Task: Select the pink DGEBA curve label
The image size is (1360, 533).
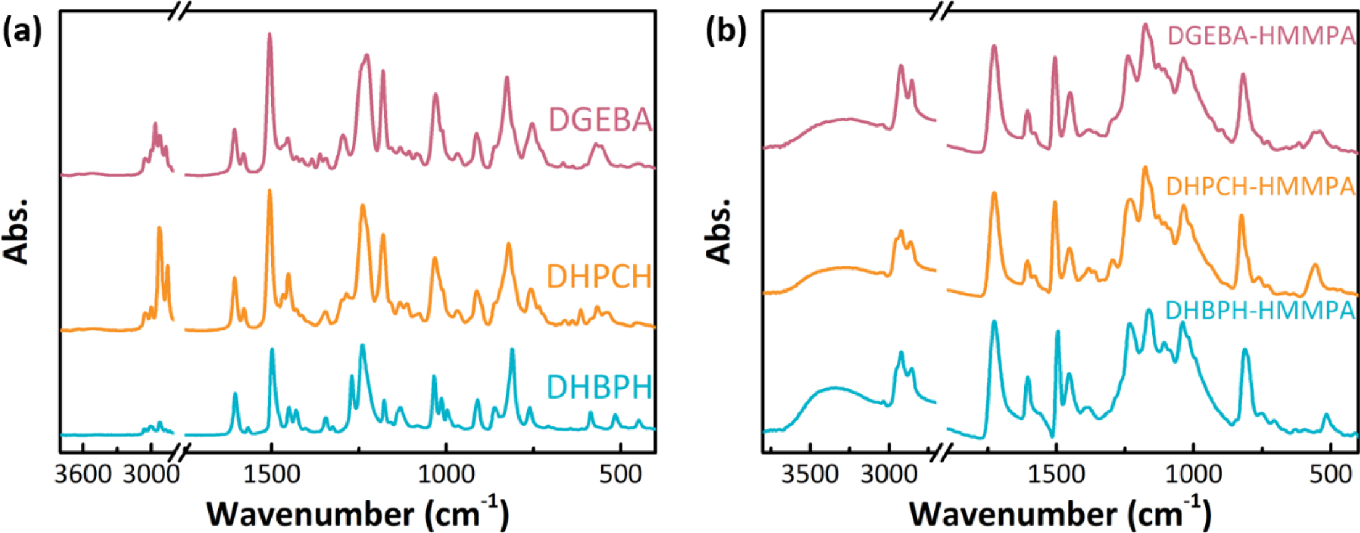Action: (x=600, y=120)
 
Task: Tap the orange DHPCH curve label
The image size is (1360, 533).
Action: (x=599, y=277)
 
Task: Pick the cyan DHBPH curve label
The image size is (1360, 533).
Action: (x=599, y=388)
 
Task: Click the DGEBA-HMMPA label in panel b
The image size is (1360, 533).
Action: (x=1261, y=36)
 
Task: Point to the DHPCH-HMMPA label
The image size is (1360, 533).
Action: (x=1260, y=186)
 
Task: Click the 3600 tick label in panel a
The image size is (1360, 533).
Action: (x=83, y=474)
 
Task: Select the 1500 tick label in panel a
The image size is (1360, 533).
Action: (x=270, y=474)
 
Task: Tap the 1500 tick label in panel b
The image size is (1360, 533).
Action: (x=1056, y=474)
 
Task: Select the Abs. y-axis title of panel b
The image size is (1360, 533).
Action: (x=719, y=230)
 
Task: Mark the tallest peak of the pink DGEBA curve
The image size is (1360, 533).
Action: (x=270, y=36)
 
